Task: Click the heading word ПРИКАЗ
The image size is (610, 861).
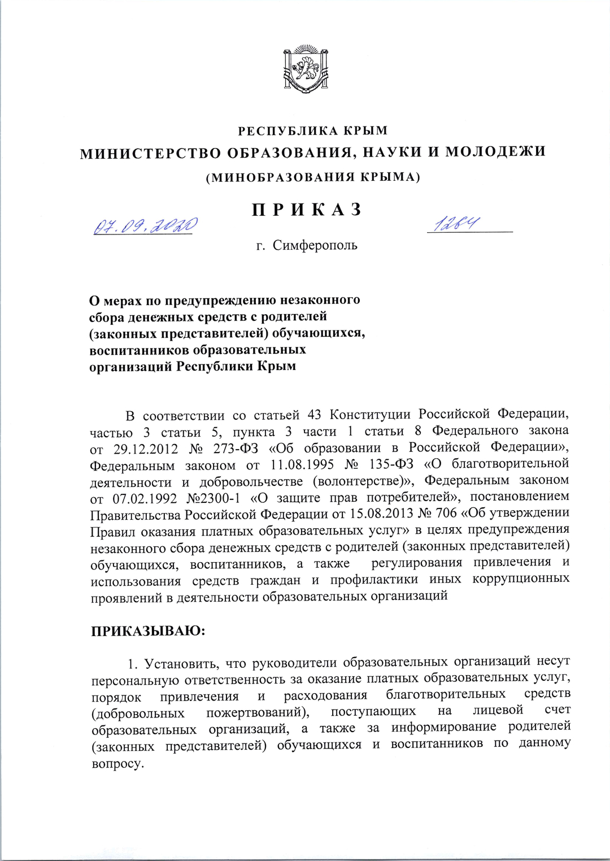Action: [x=306, y=210]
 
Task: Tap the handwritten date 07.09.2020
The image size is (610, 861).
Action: [x=145, y=227]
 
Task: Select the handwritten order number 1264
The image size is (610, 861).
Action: [x=455, y=225]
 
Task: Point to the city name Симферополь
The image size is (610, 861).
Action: [x=315, y=246]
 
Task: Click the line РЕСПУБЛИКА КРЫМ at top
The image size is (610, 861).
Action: [x=312, y=131]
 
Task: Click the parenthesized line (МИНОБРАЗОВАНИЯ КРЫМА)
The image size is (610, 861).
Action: [x=312, y=177]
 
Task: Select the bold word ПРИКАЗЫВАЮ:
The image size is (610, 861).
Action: [x=148, y=630]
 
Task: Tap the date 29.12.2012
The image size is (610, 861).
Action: [x=145, y=449]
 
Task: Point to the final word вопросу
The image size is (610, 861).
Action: [x=117, y=764]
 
